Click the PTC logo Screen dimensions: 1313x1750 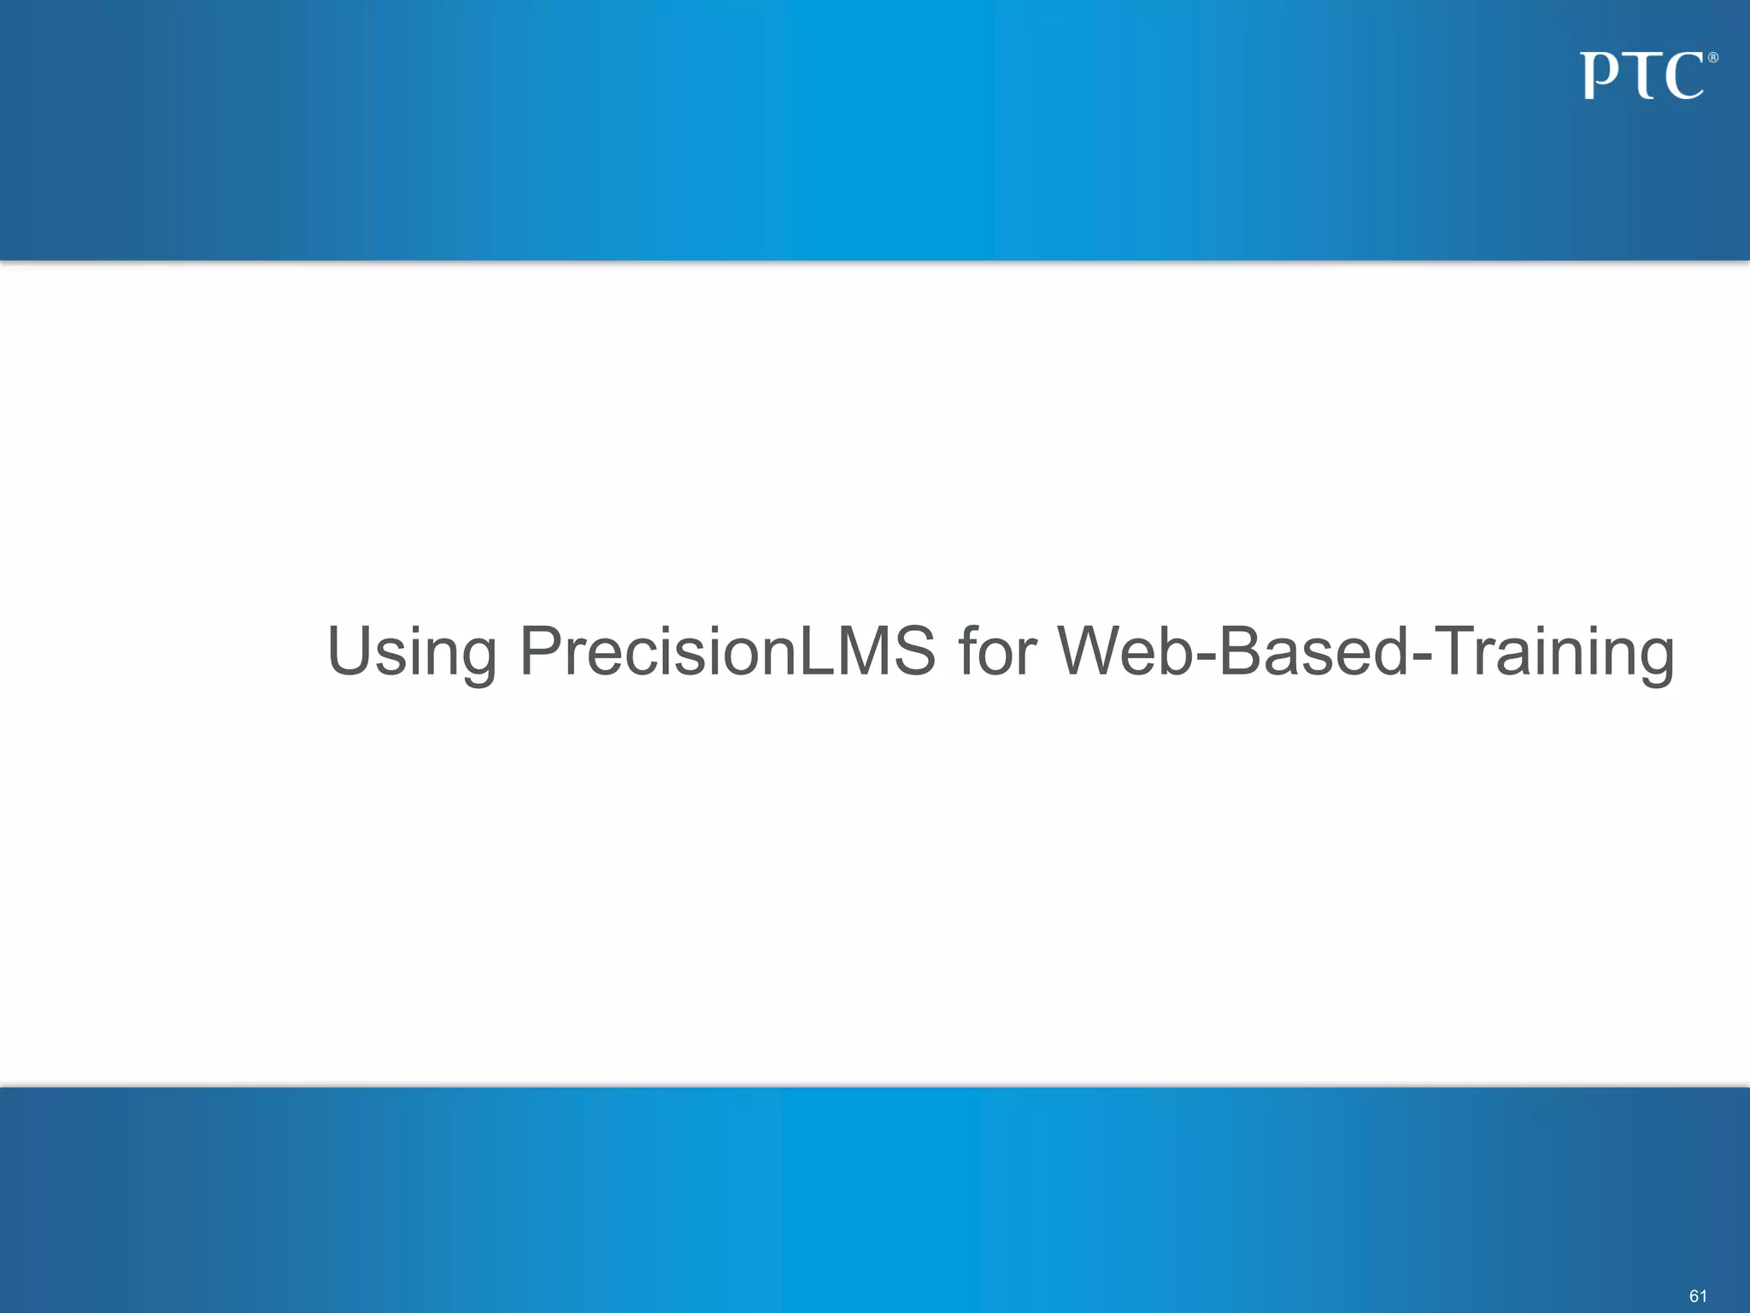[1647, 76]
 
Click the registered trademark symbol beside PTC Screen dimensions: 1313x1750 [1712, 58]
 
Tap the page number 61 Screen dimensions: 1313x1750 [1698, 1296]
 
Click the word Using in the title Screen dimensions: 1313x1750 [411, 652]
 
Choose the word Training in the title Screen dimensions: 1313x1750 [1554, 652]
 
